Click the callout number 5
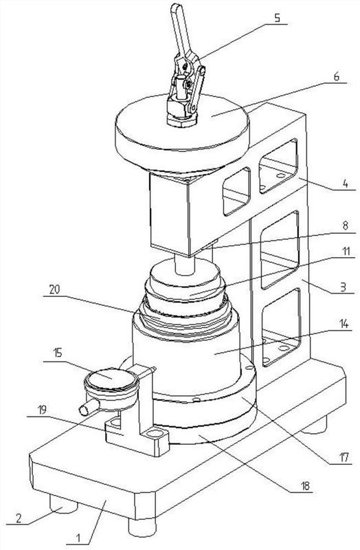coord(277,18)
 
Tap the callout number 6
coord(337,76)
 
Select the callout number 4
coord(346,183)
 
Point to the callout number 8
coord(346,225)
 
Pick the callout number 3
coord(343,287)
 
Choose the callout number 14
coord(345,324)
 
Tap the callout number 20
coord(54,289)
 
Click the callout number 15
coord(58,352)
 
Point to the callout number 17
coord(344,457)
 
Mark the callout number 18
coord(305,486)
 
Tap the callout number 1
coord(78,538)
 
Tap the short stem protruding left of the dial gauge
coord(89,406)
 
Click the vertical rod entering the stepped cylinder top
coord(184,265)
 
